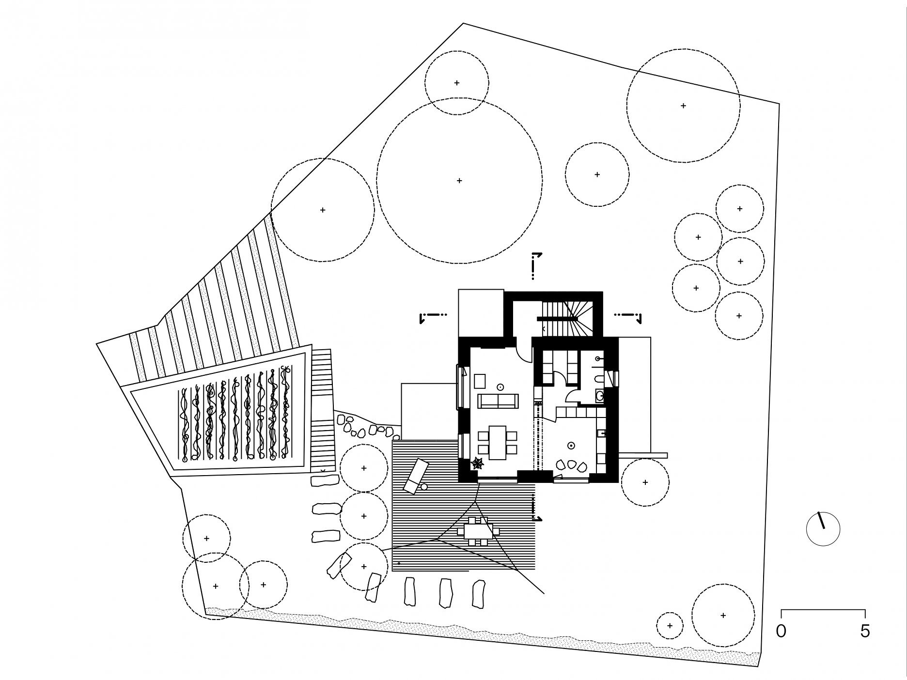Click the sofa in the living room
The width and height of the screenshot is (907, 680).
(498, 401)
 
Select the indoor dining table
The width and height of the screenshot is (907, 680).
(497, 442)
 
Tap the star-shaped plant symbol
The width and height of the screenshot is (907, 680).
(478, 464)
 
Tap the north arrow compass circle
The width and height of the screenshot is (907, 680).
(823, 529)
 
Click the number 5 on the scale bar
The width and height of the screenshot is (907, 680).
(865, 631)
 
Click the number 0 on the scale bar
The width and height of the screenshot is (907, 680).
(781, 631)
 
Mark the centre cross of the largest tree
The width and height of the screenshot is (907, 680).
(459, 181)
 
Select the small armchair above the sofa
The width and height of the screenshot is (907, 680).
(480, 381)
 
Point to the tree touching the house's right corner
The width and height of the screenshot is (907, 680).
(645, 482)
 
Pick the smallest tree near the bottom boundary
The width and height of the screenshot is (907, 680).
(670, 626)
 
